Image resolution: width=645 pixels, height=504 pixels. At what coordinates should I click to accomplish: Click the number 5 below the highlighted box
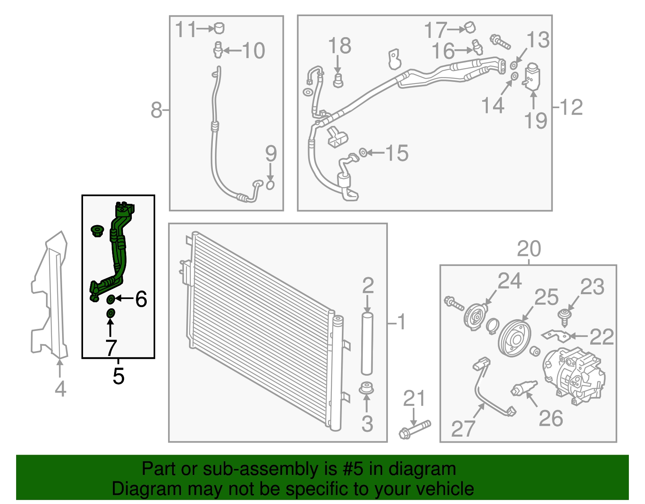coord(118,376)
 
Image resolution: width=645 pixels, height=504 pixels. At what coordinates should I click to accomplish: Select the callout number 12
coord(571,107)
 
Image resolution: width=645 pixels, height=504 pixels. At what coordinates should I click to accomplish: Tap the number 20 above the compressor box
coord(528,249)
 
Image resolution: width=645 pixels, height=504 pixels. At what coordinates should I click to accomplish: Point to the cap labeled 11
coord(219,28)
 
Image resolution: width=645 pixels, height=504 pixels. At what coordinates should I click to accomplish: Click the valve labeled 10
coord(218,50)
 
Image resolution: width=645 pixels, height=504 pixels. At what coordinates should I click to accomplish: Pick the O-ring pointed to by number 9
coord(270,185)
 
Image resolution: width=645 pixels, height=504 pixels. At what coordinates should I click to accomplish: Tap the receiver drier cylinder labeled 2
coord(367,344)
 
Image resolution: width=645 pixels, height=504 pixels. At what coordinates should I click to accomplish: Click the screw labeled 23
coord(564,317)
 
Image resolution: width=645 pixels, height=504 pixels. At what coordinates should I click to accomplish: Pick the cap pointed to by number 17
coord(470,27)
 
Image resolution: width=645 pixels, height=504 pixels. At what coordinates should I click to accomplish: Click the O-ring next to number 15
coord(363,153)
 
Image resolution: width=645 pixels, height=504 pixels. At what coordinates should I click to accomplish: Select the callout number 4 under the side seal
coord(60,389)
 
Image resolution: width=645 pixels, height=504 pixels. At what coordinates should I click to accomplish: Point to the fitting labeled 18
coord(338,80)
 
